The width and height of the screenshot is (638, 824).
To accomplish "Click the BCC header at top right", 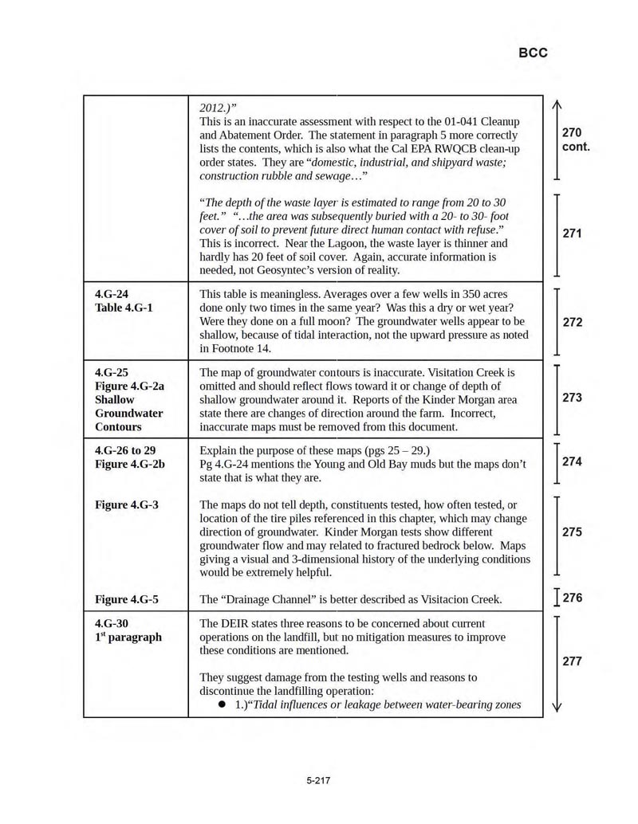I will pos(533,53).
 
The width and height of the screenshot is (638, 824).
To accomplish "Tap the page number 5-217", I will pos(318,780).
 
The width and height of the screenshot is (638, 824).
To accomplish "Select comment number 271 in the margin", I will pos(572,233).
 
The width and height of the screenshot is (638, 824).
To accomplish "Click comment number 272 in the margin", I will pos(572,322).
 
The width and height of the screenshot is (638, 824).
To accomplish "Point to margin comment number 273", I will pos(572,398).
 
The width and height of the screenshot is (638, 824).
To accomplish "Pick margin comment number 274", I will pos(572,461).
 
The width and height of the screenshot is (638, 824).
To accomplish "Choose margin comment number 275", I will pos(572,532).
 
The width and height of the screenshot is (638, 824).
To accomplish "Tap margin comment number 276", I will pos(573,598).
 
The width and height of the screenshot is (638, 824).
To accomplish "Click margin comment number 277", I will pos(572,661).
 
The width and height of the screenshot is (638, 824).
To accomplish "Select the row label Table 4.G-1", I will pos(124,308).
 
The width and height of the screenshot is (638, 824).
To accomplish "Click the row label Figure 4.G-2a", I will pos(129,386).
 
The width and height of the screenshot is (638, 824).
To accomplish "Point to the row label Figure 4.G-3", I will pos(126,504).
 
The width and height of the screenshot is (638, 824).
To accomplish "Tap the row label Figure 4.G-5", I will pos(126,599).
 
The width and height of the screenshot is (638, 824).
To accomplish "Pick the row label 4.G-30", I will pos(111,623).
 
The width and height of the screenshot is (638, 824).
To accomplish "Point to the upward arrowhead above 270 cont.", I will pos(557,104).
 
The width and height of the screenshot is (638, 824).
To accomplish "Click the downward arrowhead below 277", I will pos(557,706).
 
